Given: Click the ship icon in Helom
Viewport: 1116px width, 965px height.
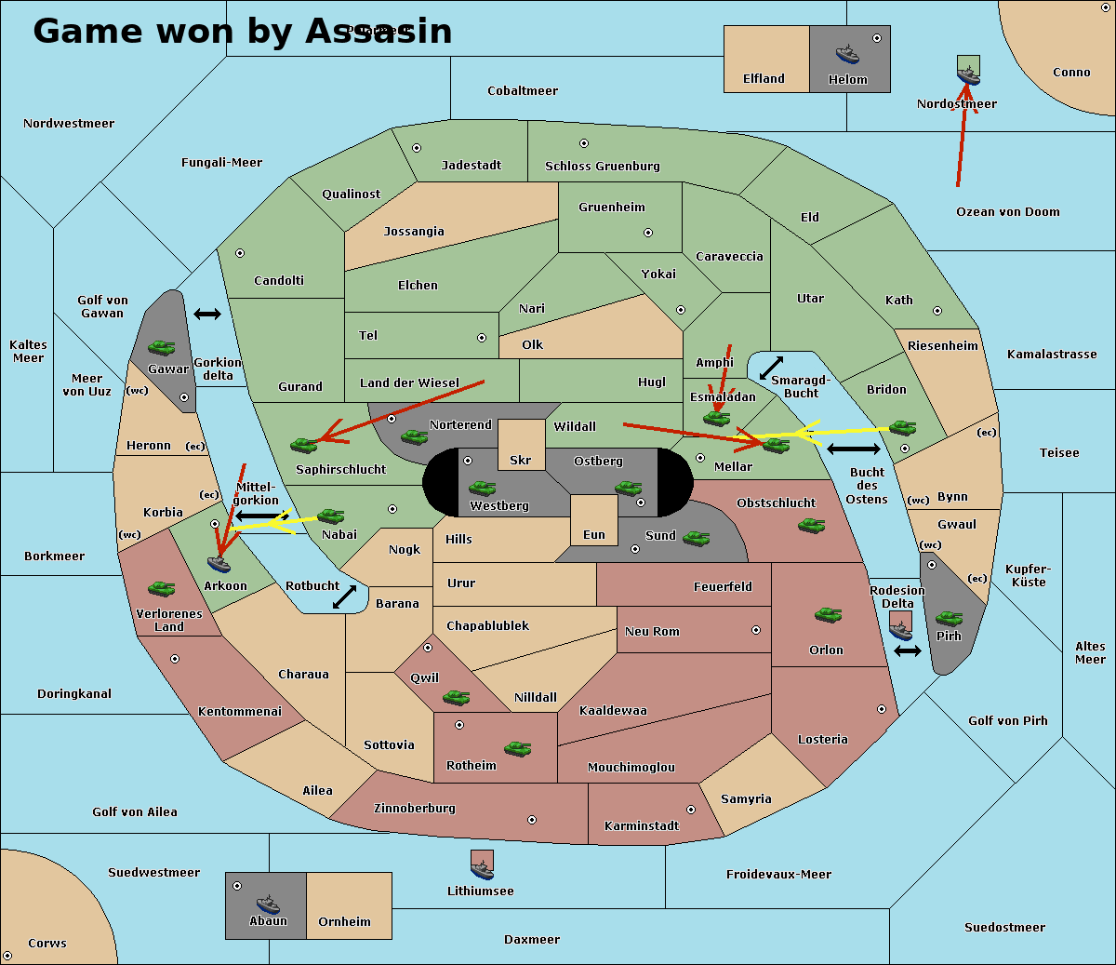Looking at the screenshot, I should click(x=847, y=54).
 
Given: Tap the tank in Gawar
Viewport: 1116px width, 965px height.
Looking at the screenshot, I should click(x=162, y=347).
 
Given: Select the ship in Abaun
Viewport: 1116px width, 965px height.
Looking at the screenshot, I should click(x=268, y=904).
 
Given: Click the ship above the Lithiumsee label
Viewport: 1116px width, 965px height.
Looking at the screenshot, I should click(x=482, y=868).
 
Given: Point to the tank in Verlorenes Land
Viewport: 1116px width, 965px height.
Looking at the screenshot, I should click(x=161, y=588).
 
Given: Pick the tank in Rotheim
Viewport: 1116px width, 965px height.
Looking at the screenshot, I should click(x=517, y=748).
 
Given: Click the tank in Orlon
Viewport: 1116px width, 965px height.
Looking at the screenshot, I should click(x=828, y=615).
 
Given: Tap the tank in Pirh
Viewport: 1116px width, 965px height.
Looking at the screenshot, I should click(x=949, y=619).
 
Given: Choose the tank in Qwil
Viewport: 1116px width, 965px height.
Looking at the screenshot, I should click(x=456, y=697).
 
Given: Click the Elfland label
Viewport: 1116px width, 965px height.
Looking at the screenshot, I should click(x=764, y=79).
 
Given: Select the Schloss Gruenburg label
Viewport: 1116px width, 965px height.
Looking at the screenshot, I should click(x=602, y=167).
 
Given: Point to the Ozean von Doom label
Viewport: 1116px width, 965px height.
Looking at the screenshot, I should click(x=1008, y=212).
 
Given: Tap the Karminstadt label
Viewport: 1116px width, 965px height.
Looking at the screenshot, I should click(x=642, y=826).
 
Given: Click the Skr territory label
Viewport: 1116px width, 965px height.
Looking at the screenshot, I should click(x=521, y=461).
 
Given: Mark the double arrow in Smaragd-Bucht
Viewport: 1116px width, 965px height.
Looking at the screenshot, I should click(x=772, y=368).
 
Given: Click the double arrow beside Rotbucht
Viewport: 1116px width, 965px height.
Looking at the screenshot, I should click(x=345, y=596).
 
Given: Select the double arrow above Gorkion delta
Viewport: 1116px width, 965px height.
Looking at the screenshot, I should click(x=207, y=315).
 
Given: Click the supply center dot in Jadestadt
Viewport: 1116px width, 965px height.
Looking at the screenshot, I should click(x=417, y=148).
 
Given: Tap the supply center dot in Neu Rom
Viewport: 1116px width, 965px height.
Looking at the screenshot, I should click(x=756, y=630).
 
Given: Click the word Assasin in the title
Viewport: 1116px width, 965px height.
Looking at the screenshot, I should click(x=379, y=32).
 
